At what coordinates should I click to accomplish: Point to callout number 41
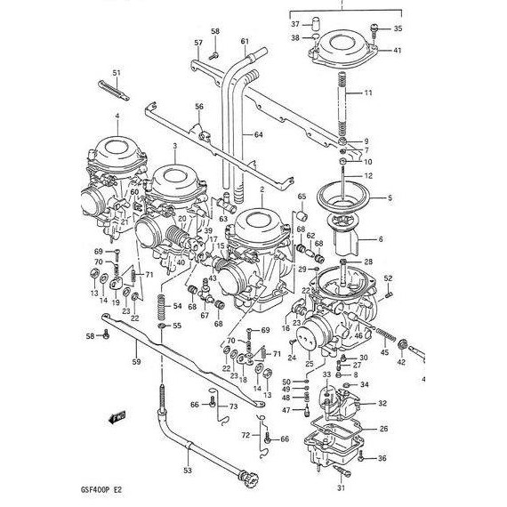398,51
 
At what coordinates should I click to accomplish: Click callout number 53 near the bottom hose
188,471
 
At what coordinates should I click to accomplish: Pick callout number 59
136,362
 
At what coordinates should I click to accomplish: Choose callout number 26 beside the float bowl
383,430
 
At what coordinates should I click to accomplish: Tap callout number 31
340,488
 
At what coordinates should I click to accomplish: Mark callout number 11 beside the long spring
368,93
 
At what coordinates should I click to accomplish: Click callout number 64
259,135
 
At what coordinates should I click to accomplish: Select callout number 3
175,145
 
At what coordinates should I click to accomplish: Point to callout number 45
384,353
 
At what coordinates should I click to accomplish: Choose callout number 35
398,29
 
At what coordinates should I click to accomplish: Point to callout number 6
381,239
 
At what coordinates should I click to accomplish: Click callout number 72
245,435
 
